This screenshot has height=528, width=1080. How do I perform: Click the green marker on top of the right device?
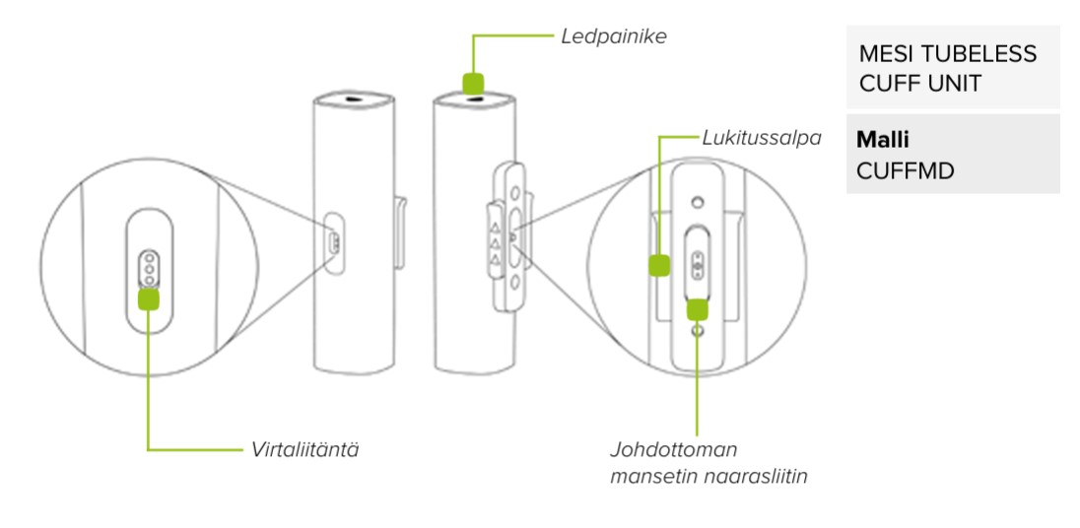pyautogui.click(x=475, y=83)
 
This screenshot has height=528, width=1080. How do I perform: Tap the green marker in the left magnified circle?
pyautogui.click(x=149, y=298)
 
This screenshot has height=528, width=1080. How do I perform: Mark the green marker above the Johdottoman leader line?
pyautogui.click(x=698, y=308)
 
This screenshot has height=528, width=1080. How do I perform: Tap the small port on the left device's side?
pyautogui.click(x=333, y=241)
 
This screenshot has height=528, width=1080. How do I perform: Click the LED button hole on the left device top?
pyautogui.click(x=352, y=99)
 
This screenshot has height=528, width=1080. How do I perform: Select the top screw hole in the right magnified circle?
pyautogui.click(x=698, y=203)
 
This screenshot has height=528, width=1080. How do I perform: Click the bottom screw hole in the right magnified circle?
pyautogui.click(x=698, y=333)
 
